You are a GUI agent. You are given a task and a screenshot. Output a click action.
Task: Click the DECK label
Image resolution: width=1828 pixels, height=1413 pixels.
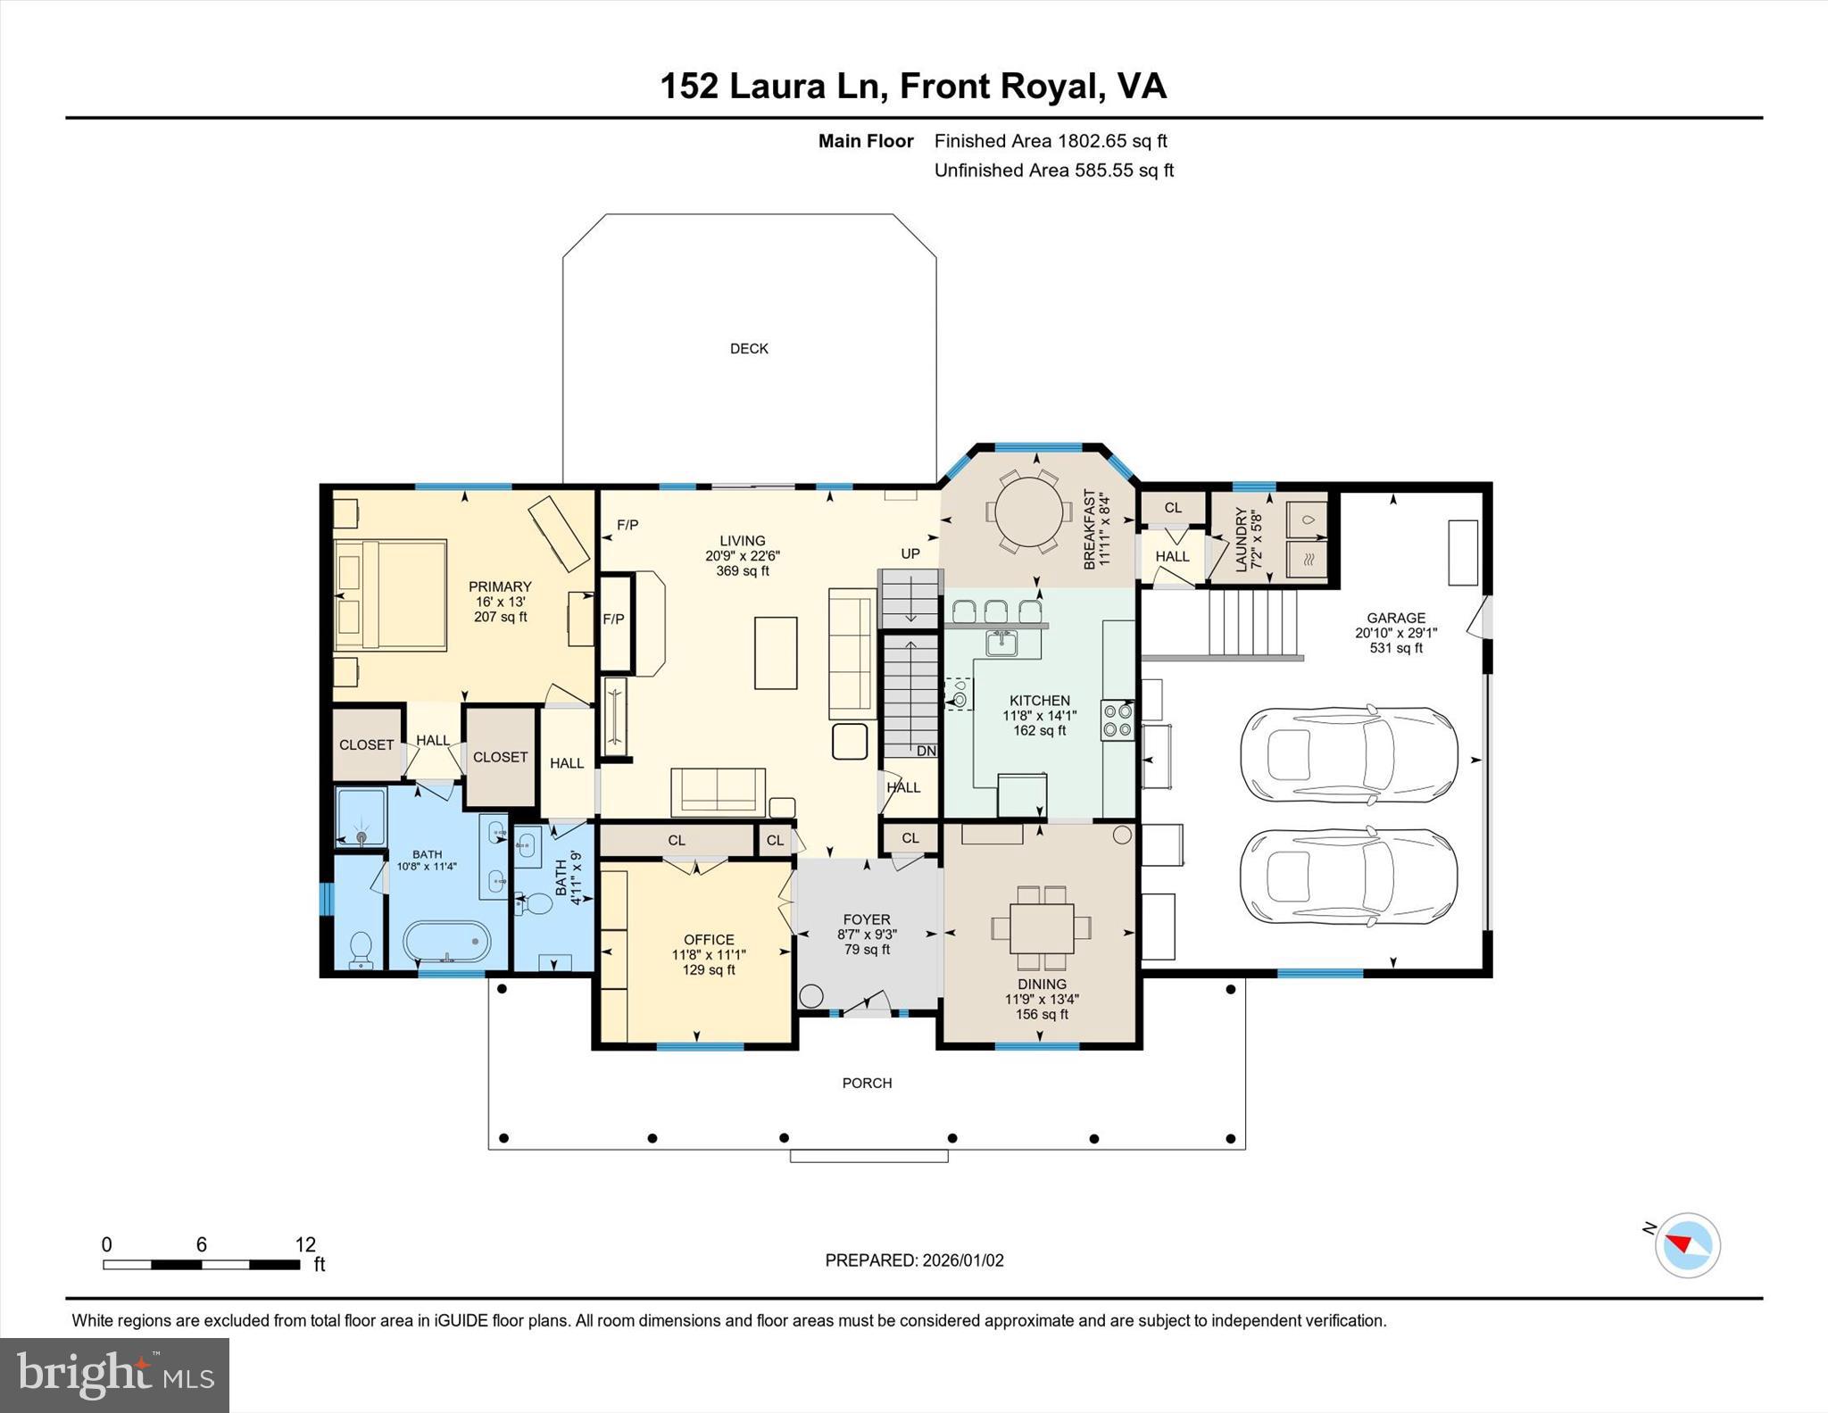(x=749, y=349)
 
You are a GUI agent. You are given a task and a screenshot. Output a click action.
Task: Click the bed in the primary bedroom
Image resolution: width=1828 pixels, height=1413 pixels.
(x=390, y=594)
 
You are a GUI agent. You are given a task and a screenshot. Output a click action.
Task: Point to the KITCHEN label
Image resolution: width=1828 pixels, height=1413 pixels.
(x=1039, y=701)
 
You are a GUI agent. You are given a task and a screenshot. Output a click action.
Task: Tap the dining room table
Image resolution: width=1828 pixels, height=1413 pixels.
(x=1042, y=928)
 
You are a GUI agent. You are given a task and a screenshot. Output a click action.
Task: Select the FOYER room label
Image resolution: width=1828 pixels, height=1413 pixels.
(x=866, y=919)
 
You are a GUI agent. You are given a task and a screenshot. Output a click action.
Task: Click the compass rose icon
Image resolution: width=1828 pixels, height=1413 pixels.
(x=1687, y=1244)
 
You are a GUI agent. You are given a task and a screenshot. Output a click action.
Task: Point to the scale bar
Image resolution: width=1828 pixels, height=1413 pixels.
(x=201, y=1264)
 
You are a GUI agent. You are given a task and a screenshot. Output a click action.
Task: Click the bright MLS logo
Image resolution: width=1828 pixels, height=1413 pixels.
(x=114, y=1375)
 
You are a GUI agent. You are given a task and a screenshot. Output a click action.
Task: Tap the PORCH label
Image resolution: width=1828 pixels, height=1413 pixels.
(x=867, y=1083)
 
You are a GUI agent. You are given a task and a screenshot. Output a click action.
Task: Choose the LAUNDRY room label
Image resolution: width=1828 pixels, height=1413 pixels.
(x=1241, y=539)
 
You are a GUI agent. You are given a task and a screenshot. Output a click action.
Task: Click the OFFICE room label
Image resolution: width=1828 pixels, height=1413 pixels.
(x=709, y=939)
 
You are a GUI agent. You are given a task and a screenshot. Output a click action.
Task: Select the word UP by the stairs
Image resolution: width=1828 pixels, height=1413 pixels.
(x=910, y=553)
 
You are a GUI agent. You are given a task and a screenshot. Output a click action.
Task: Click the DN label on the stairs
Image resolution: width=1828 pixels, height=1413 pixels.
(x=926, y=751)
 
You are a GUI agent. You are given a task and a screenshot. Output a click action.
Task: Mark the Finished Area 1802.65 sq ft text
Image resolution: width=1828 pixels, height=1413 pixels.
(x=1050, y=141)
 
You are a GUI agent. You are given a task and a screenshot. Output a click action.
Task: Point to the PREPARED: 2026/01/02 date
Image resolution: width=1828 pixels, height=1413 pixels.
(x=914, y=1260)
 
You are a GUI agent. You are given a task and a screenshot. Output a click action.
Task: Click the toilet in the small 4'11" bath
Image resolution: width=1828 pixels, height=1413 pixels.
(x=536, y=903)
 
